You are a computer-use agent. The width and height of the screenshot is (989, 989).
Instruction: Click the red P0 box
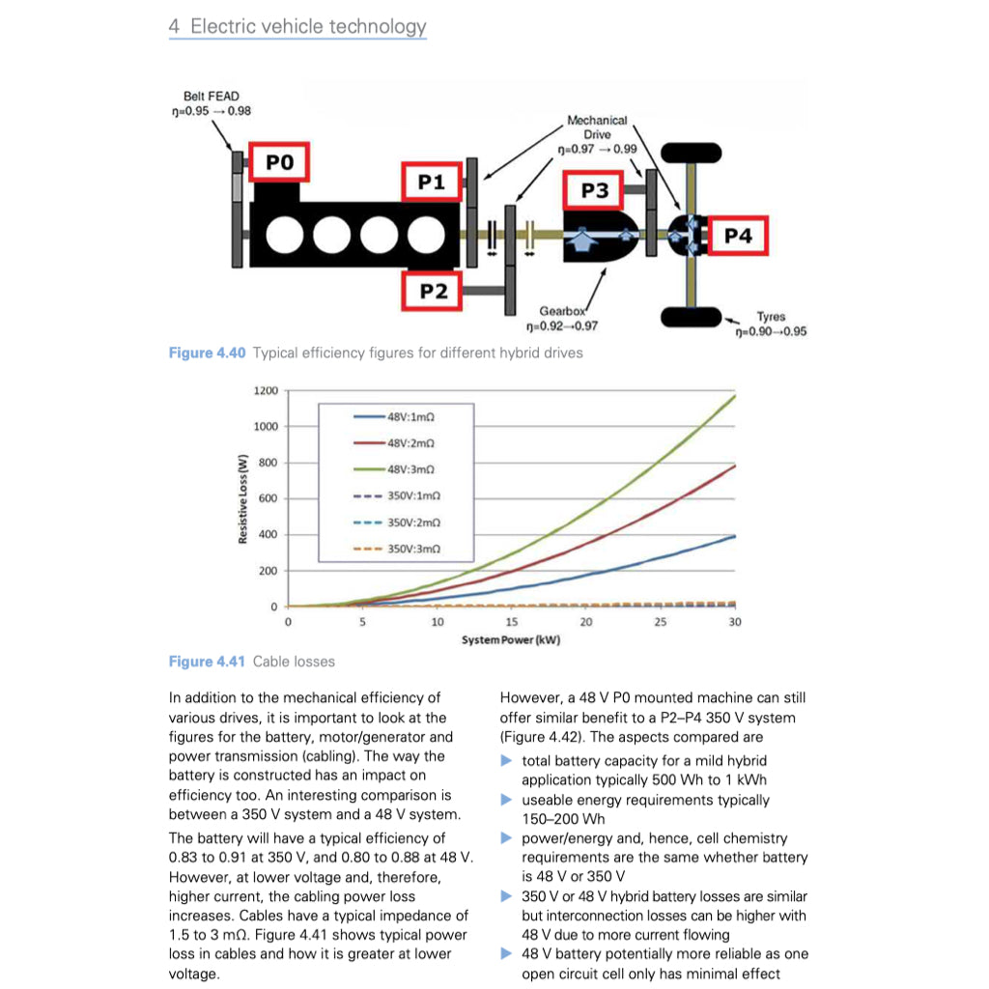point(279,162)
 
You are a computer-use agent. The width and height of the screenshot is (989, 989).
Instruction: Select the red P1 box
point(431,182)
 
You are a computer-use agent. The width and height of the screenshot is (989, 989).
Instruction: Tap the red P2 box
point(432,291)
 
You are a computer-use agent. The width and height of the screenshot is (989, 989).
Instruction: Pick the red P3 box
point(595,190)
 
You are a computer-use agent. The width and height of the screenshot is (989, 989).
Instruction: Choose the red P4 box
point(737,236)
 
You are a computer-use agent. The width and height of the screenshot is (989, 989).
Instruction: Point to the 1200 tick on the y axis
point(265,391)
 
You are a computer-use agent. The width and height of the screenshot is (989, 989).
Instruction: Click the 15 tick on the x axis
point(512,623)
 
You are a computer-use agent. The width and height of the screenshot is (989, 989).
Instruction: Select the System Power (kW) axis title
point(511,640)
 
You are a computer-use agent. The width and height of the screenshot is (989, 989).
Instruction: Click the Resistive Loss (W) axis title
point(244,498)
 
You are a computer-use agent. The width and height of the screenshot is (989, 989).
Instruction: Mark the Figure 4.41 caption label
point(207,662)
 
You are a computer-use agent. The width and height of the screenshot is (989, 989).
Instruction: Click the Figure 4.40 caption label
point(207,353)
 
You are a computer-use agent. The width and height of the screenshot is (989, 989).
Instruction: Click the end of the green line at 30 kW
point(735,396)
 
